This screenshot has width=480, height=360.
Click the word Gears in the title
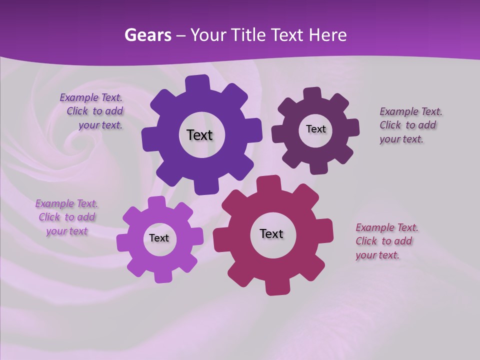coord(147,35)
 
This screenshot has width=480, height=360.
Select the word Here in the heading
coord(327,35)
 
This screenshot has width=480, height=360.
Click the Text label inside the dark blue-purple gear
coord(199,135)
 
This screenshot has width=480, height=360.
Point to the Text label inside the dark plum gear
coord(315,129)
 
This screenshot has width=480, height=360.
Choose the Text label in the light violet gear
coord(159,238)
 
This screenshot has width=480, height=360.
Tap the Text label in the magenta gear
coord(271,234)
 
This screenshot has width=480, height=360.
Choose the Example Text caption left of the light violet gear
coord(66,217)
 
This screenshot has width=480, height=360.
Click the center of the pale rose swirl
coord(80,142)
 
